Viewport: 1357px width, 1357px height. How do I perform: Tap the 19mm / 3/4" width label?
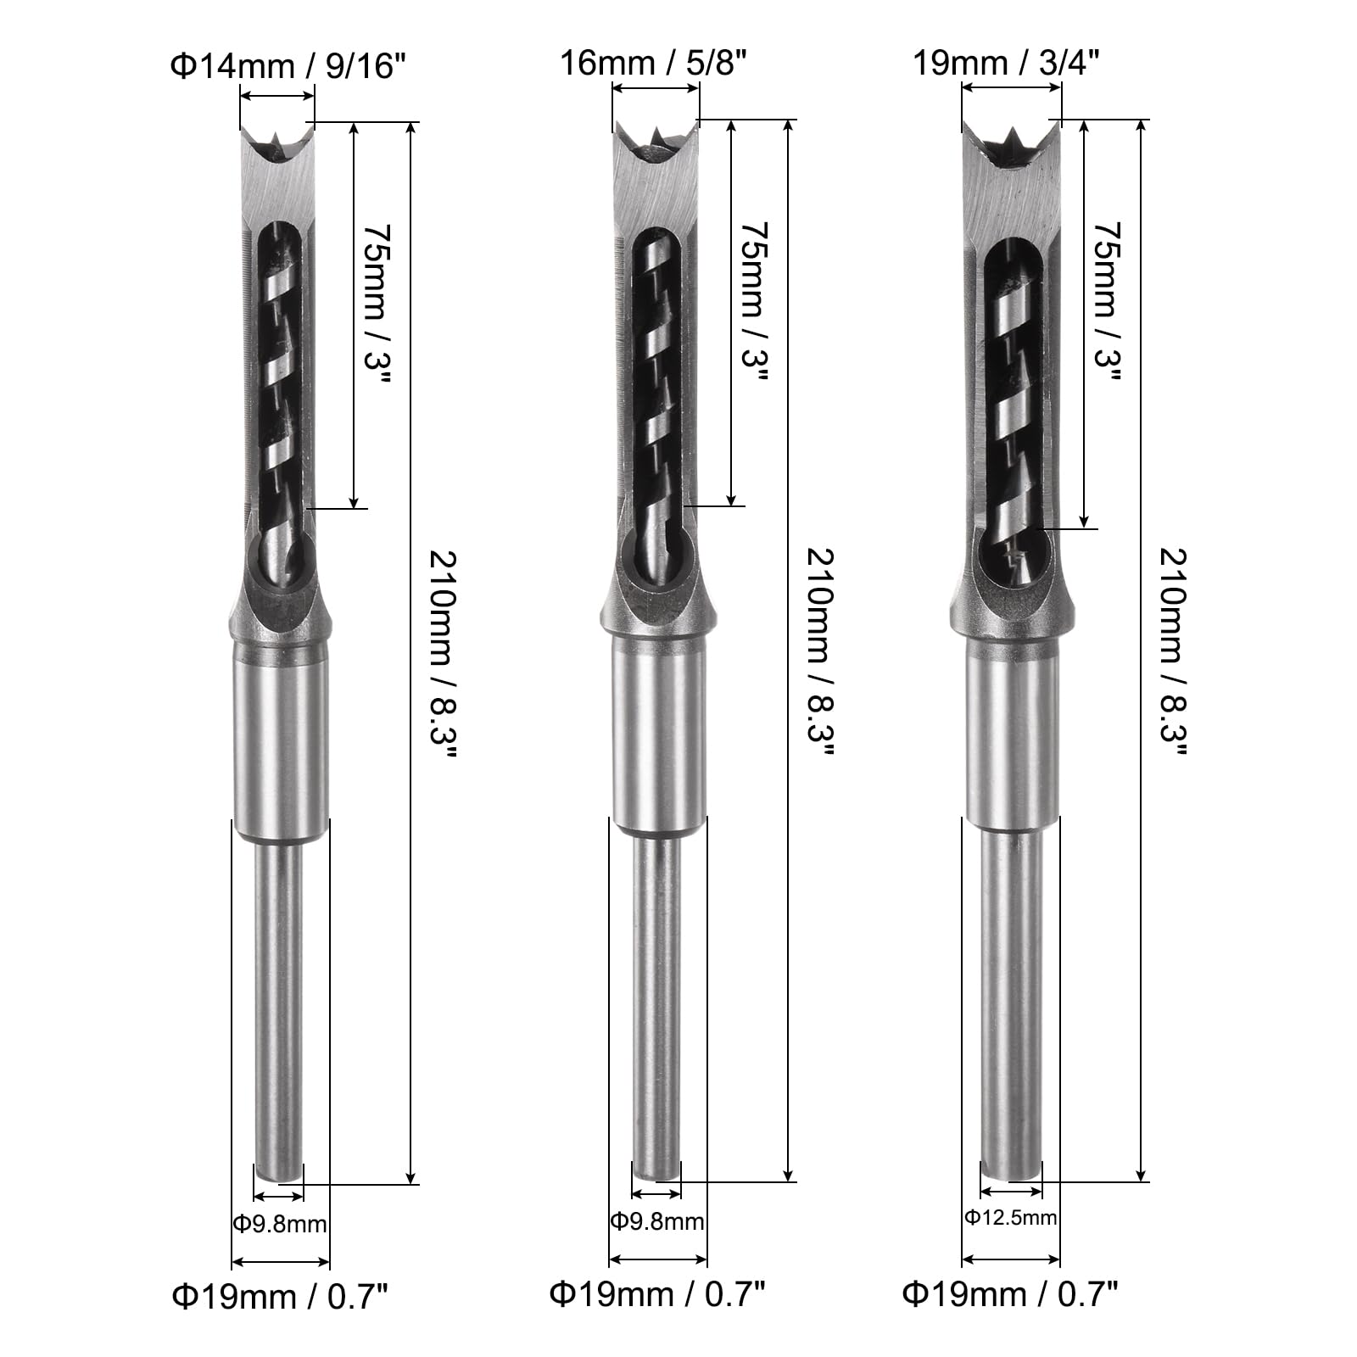pos(1006,63)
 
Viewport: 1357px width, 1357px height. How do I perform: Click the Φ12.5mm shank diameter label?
pos(1010,1217)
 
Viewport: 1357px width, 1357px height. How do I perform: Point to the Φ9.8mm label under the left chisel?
pos(279,1223)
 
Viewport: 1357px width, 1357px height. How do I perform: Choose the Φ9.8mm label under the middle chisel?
pos(657,1221)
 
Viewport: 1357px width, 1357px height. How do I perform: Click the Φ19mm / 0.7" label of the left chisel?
pos(280,1296)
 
